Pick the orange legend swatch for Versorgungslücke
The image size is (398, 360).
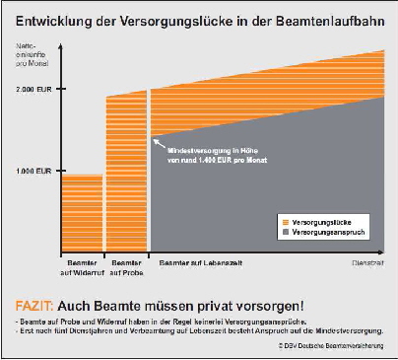285,222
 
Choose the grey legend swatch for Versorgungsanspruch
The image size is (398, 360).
285,232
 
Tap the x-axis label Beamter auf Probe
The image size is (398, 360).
125,268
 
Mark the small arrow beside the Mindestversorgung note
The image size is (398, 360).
156,141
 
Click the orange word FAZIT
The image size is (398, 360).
36,303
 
